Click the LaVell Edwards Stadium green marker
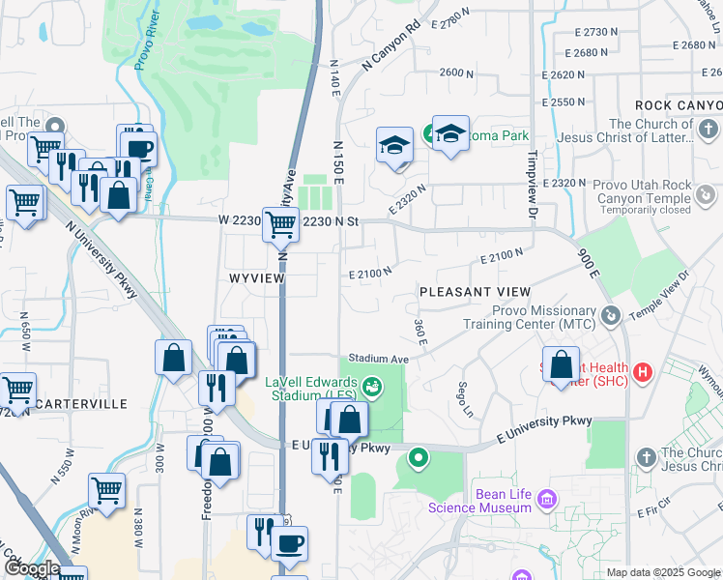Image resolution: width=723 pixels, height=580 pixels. click(x=373, y=389)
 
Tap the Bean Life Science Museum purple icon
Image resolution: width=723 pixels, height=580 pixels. click(x=547, y=500)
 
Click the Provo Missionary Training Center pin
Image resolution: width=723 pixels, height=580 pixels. click(x=610, y=316)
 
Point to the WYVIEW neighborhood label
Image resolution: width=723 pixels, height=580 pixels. click(x=256, y=277)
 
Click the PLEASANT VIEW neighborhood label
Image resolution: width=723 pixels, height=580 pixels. click(x=475, y=291)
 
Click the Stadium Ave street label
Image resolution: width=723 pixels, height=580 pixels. click(x=380, y=358)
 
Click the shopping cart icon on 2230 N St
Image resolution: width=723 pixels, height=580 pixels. click(x=280, y=223)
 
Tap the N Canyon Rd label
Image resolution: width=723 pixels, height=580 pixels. click(x=392, y=45)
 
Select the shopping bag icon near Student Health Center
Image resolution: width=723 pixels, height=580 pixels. click(x=561, y=364)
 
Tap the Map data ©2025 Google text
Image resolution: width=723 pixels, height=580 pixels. click(x=663, y=572)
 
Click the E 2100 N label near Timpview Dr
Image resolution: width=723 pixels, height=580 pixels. click(x=503, y=257)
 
